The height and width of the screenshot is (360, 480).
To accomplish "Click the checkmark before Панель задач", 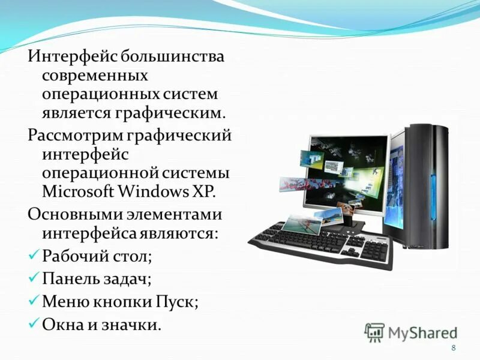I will coord(34,278).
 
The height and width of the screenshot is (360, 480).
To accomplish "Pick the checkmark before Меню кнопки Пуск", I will coord(34,301).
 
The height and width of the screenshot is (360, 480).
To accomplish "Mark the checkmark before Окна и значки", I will coord(34,324).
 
